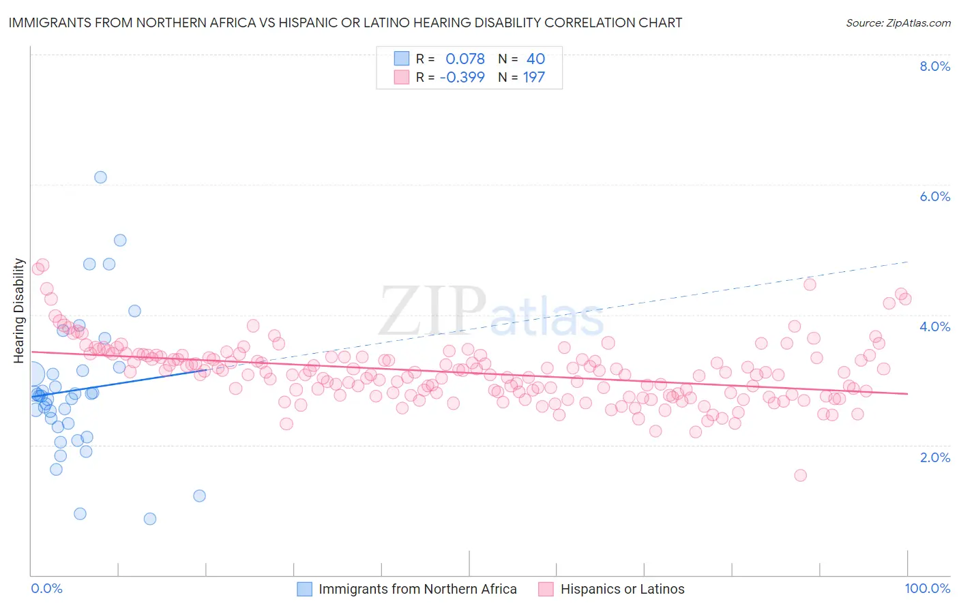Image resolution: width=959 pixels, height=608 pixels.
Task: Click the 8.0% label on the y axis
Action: (934, 66)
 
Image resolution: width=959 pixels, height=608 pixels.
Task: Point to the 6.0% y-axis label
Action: (934, 196)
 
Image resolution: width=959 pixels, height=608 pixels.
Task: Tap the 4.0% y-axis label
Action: (934, 326)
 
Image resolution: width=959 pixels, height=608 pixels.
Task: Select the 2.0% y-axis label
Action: (934, 457)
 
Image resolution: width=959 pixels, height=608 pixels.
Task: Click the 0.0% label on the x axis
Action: (46, 588)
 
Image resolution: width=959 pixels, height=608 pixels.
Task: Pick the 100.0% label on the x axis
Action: (927, 588)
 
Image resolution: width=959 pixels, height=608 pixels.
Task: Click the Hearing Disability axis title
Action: (19, 310)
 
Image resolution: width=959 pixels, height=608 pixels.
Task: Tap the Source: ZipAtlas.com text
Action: (898, 22)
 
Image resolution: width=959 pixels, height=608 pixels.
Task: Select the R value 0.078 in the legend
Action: (465, 59)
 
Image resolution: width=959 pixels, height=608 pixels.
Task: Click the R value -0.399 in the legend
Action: (462, 77)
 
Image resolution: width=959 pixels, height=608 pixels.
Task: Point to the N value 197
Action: (533, 77)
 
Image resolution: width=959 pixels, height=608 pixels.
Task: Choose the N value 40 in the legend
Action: (535, 59)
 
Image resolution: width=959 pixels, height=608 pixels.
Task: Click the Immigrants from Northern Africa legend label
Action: (417, 589)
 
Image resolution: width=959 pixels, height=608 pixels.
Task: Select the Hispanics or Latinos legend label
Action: (622, 589)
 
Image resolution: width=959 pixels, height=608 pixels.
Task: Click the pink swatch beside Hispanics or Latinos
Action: (546, 589)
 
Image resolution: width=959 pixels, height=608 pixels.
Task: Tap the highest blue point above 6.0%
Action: (100, 177)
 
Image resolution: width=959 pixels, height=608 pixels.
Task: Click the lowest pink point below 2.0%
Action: (800, 475)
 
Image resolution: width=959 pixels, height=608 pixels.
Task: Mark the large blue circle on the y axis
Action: (32, 374)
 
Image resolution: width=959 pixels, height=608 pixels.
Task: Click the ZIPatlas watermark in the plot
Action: (491, 311)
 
